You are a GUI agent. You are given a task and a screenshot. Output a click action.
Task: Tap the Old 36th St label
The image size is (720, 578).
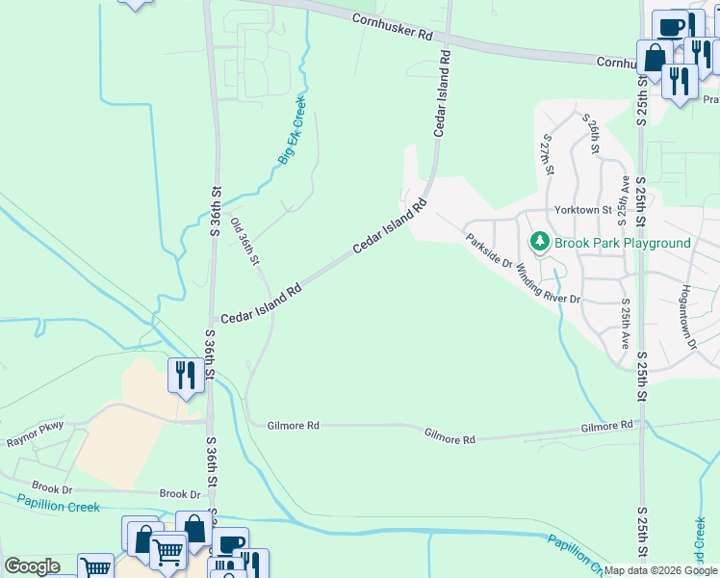[244, 242]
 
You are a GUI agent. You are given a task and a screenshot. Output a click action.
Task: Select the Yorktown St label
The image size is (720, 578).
[582, 209]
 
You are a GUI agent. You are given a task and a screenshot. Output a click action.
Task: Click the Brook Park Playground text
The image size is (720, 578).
[622, 243]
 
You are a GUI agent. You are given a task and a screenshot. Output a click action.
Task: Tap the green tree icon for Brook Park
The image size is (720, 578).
[540, 242]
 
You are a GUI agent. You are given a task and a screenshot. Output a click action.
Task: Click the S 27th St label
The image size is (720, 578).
[548, 155]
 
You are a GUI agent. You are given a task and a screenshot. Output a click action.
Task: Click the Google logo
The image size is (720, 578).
[32, 566]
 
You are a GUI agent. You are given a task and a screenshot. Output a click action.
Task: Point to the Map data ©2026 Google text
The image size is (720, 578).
[660, 570]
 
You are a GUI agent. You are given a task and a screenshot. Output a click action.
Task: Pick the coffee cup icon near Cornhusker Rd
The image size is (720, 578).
[669, 26]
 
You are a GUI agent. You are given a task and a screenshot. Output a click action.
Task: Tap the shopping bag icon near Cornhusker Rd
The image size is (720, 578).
[654, 57]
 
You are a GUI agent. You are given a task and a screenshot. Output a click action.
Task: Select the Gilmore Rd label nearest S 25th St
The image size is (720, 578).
[606, 425]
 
